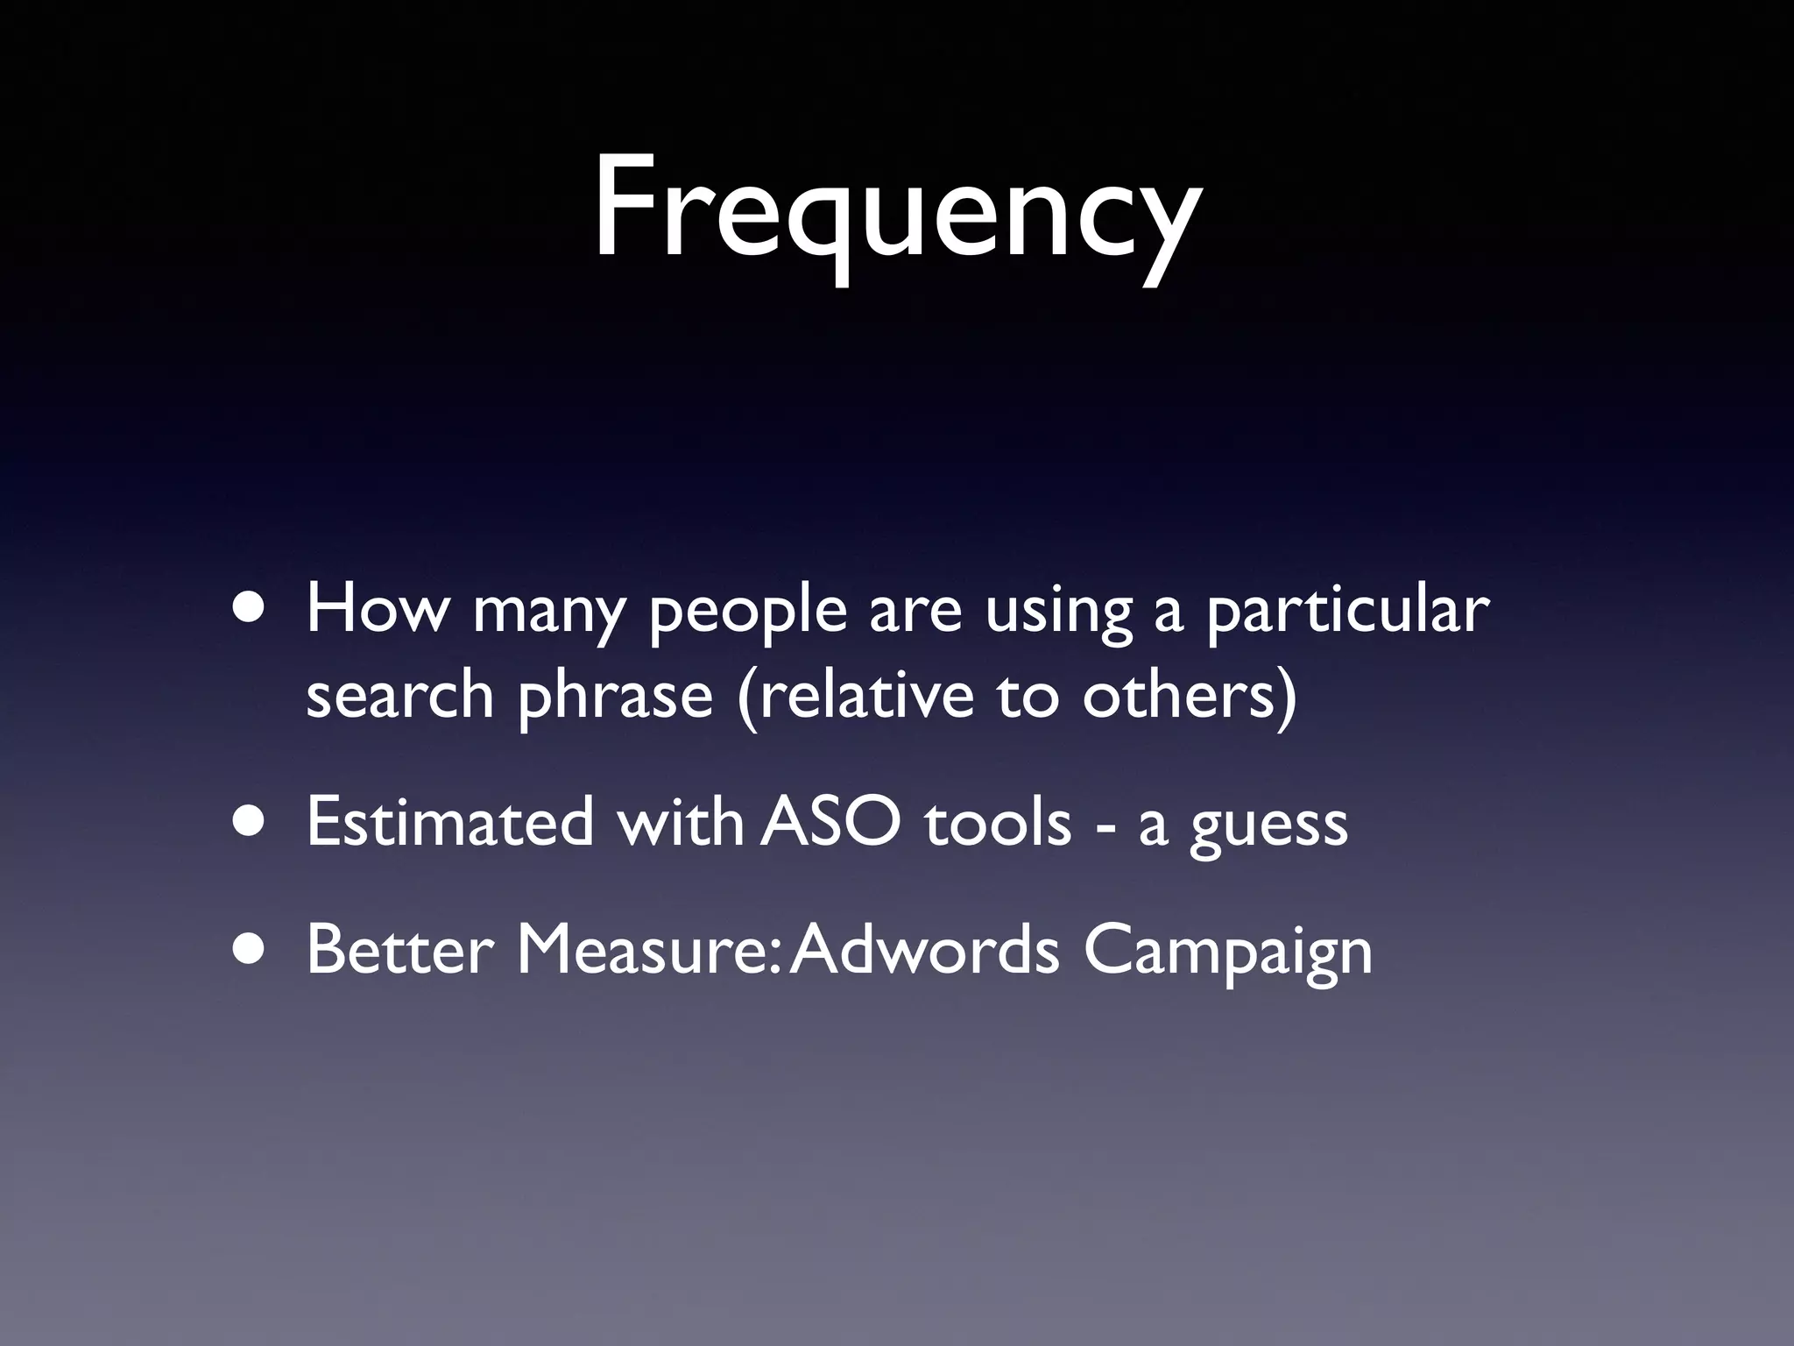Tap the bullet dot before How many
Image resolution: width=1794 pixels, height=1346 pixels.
click(x=252, y=611)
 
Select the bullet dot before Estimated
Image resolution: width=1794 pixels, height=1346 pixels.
click(x=252, y=824)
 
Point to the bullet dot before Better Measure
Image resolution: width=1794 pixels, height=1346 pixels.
click(x=252, y=951)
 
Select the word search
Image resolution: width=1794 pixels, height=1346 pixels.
click(x=400, y=694)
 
